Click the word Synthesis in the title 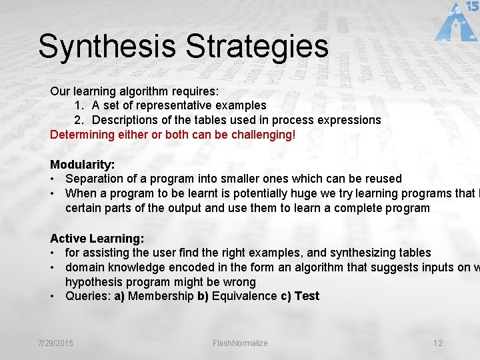coord(107,47)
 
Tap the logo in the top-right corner coord(457,22)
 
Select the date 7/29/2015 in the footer coord(55,343)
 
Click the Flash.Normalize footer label coord(240,343)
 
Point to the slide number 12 coord(437,343)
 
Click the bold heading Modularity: coord(83,164)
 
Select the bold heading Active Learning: coord(97,238)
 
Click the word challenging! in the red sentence coord(261,135)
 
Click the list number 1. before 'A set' coord(79,105)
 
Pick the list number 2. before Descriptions coord(79,120)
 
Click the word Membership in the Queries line coord(161,296)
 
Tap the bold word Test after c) coord(307,296)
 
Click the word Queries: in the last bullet coord(88,296)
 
